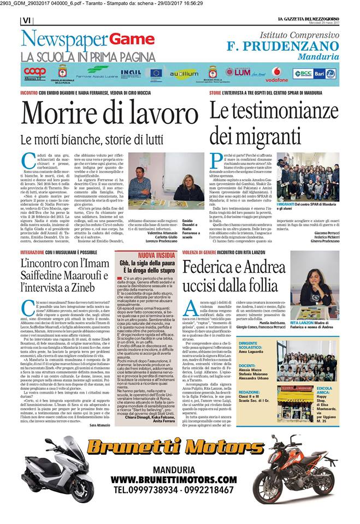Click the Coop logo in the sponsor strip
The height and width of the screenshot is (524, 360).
pos(35,72)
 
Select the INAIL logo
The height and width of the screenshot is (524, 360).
pos(131,72)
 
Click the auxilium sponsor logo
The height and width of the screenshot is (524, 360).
pos(184,73)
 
